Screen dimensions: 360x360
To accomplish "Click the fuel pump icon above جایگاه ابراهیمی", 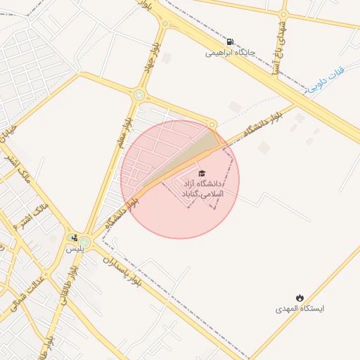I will pyautogui.click(x=231, y=41).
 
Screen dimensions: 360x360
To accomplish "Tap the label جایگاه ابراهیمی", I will pyautogui.click(x=230, y=53).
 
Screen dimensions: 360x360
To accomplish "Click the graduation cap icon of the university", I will pyautogui.click(x=202, y=173).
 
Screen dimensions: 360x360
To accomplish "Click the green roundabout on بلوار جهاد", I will pyautogui.click(x=139, y=96).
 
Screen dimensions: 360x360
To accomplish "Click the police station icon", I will pyautogui.click(x=73, y=238).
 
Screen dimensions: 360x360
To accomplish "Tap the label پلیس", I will pyautogui.click(x=75, y=249).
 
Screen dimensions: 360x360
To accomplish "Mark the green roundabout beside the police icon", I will pyautogui.click(x=84, y=243).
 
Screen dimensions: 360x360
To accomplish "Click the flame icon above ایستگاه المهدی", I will pyautogui.click(x=300, y=297).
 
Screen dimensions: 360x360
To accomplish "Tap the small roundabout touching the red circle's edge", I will pyautogui.click(x=212, y=125).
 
